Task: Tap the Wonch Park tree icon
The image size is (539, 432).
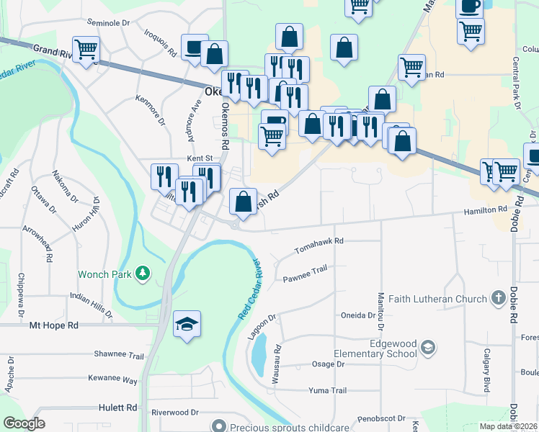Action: coord(144,273)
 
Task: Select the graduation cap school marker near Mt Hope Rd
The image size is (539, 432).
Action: coord(187,325)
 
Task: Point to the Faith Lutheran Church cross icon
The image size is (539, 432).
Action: coord(497,298)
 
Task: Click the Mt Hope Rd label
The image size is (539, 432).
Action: coord(53,325)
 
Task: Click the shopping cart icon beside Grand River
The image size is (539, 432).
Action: coord(86,50)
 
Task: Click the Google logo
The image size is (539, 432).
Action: coord(24,423)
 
